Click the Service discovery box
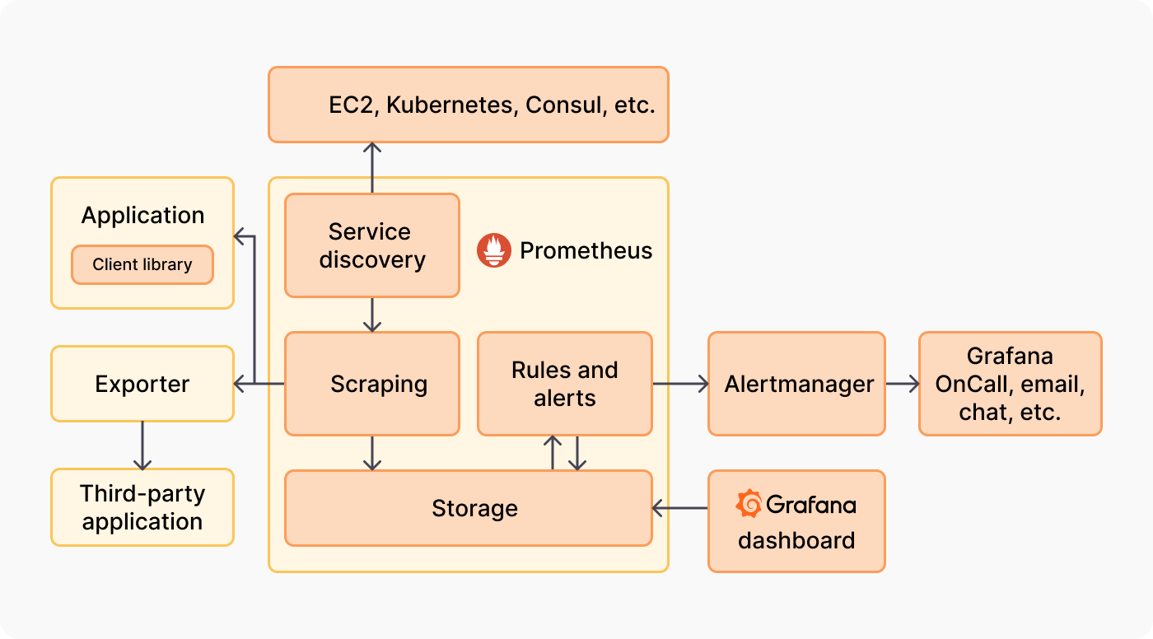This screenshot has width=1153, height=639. coord(372,245)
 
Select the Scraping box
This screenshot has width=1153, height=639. coord(372,384)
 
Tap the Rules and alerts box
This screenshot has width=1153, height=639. coord(565,384)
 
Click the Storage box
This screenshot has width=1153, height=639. coord(469,508)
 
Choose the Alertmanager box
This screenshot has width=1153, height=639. coord(796,384)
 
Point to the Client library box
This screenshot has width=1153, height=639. coord(142,264)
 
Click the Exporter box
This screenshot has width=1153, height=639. coord(142,384)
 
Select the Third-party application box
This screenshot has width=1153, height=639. coord(142,507)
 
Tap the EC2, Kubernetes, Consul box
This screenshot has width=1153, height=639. coord(469,105)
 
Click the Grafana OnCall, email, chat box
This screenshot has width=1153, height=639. coord(1010,384)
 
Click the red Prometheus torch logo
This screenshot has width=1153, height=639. coord(494,250)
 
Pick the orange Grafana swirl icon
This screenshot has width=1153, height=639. coord(749,504)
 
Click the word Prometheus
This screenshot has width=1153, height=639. coord(586,250)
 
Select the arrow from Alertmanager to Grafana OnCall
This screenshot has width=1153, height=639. coord(903,384)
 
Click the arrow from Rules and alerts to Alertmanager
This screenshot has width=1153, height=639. coord(680,384)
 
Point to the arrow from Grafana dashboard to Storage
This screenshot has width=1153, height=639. coord(680,509)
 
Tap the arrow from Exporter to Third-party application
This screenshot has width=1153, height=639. coord(142,445)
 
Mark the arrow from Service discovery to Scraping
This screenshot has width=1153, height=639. coord(372,315)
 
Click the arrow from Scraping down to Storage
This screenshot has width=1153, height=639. coord(372,453)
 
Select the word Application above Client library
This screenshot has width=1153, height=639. coord(142,216)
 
